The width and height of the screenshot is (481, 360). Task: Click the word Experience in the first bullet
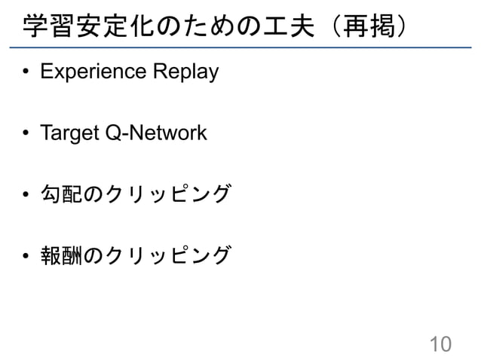click(x=93, y=73)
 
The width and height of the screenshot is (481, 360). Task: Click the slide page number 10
click(x=440, y=344)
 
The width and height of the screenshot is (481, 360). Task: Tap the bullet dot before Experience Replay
click(x=26, y=74)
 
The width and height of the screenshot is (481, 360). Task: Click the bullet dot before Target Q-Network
click(x=26, y=135)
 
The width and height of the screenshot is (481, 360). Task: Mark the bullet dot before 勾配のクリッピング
click(x=26, y=196)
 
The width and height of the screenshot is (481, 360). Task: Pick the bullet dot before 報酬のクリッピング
click(x=26, y=257)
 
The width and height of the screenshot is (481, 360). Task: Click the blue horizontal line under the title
click(x=240, y=48)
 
